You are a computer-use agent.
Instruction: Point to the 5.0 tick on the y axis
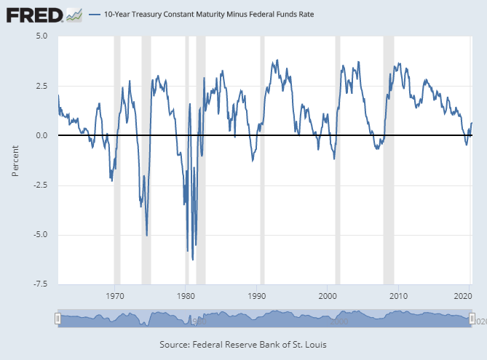41,36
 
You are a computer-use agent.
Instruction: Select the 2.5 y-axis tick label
41,86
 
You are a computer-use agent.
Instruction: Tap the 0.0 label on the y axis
41,135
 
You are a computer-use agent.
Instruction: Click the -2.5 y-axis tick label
40,185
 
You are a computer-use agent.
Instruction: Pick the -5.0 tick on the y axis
40,234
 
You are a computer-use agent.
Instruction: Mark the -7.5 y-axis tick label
40,284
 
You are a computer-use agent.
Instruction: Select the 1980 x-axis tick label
186,296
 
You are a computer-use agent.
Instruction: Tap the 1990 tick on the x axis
257,296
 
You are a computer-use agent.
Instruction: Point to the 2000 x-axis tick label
328,296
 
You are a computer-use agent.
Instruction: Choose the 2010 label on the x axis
398,296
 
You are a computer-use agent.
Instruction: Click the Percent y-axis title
15,160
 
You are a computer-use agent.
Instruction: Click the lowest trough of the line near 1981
192,259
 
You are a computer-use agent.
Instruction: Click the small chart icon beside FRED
74,14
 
